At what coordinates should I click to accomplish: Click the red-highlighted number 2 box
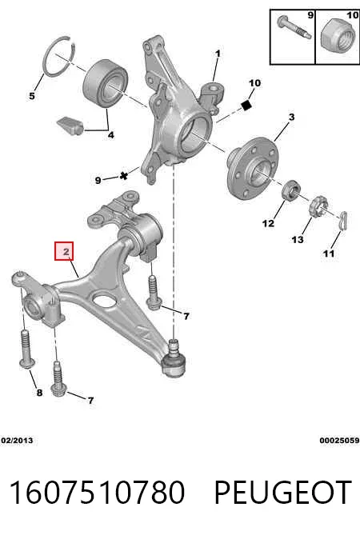point(64,251)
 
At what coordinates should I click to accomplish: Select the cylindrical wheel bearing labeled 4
point(106,84)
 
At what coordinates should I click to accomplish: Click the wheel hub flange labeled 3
point(252,168)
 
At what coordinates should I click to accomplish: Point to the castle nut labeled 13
point(318,207)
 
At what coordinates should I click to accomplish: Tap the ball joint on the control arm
point(174,359)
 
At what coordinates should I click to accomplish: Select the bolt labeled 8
point(26,349)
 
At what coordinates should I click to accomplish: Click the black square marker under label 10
point(246,106)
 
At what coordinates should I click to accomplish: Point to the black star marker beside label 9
point(124,176)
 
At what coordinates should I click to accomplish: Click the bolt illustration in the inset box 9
point(294,28)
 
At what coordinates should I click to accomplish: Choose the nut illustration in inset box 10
point(338,35)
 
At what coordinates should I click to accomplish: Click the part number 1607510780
point(97,493)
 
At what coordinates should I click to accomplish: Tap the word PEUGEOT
point(283,493)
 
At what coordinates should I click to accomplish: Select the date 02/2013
point(17,441)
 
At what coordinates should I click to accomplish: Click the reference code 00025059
point(339,441)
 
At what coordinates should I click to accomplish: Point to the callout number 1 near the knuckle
point(218,54)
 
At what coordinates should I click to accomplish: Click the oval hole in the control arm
point(104,300)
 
